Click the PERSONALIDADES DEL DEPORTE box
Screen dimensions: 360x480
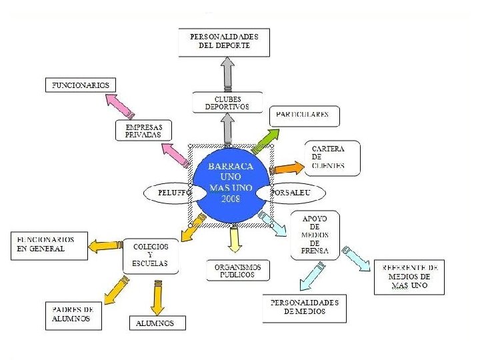point(224,41)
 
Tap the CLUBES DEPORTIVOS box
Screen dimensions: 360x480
point(222,103)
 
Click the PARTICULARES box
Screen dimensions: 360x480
point(303,115)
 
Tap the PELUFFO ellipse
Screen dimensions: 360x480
point(167,193)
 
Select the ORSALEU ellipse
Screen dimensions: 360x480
point(293,193)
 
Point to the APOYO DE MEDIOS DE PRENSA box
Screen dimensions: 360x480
point(315,235)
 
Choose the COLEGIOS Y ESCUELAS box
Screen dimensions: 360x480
point(151,255)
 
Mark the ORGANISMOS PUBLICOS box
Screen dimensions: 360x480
point(238,270)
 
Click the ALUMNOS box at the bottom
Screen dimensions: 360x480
point(157,323)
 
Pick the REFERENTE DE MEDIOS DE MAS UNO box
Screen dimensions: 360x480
point(409,276)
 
